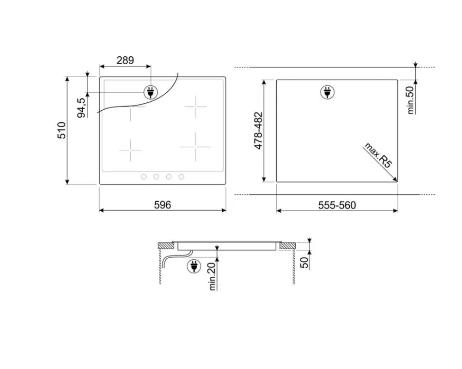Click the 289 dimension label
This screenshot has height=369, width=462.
(x=125, y=60)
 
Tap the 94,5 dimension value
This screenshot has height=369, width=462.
(x=81, y=108)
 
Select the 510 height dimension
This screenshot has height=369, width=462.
(x=61, y=130)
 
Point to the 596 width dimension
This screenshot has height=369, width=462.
(x=162, y=205)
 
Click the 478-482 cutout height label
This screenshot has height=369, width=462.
(x=258, y=131)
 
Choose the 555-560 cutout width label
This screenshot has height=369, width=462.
(x=337, y=205)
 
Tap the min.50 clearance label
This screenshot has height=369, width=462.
(x=410, y=100)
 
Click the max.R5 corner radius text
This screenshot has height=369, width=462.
(x=378, y=155)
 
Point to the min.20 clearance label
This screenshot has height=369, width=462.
(x=212, y=276)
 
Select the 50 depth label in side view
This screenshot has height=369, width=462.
(x=304, y=262)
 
